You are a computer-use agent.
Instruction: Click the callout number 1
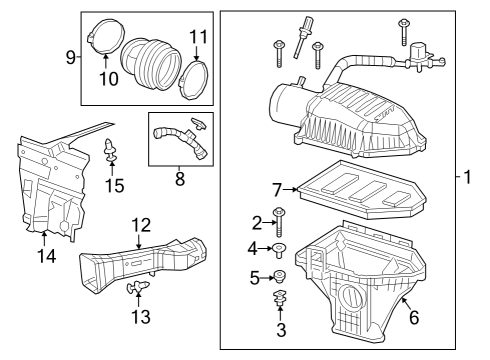[467, 179]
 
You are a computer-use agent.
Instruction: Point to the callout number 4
[255, 247]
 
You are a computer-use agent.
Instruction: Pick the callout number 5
[255, 275]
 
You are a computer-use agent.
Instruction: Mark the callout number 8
[180, 180]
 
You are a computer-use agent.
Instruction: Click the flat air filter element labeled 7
[360, 192]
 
